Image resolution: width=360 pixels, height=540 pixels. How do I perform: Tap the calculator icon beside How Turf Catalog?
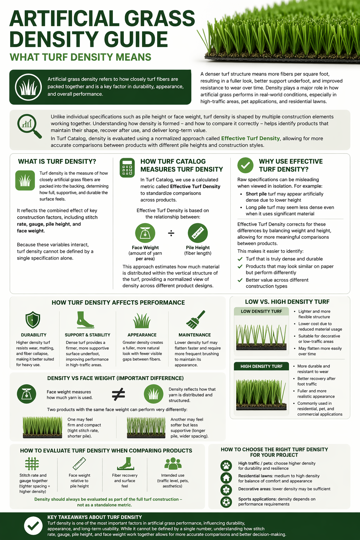tap(127, 167)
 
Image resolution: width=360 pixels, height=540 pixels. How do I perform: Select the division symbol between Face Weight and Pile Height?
tap(171, 233)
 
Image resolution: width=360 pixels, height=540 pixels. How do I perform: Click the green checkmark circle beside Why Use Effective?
tap(245, 165)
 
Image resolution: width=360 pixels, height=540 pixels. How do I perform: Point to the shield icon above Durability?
tap(33, 320)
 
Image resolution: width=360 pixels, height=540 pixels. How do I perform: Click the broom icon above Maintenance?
tap(195, 319)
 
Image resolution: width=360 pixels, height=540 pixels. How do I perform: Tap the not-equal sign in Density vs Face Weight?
tap(118, 394)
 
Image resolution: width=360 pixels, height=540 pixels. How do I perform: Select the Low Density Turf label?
tap(261, 311)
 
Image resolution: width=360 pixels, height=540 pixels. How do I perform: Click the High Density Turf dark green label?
tap(261, 366)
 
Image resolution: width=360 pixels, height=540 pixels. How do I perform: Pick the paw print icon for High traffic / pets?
tap(226, 466)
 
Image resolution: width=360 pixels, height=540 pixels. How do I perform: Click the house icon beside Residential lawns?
tap(226, 478)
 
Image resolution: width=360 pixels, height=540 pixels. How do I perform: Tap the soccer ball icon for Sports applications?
tap(226, 502)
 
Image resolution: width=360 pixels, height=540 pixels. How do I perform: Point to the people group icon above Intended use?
tap(173, 464)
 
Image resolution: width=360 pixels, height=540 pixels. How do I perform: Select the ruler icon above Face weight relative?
tap(79, 464)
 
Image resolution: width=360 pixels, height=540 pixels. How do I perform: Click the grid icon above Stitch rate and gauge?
tap(32, 464)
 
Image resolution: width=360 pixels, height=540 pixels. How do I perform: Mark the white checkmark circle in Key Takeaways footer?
tap(33, 526)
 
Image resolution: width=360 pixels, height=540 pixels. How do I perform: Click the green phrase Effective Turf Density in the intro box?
tap(250, 139)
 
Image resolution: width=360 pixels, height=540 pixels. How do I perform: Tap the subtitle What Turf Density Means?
tap(81, 57)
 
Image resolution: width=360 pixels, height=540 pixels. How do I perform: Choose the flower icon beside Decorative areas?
tap(226, 490)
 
